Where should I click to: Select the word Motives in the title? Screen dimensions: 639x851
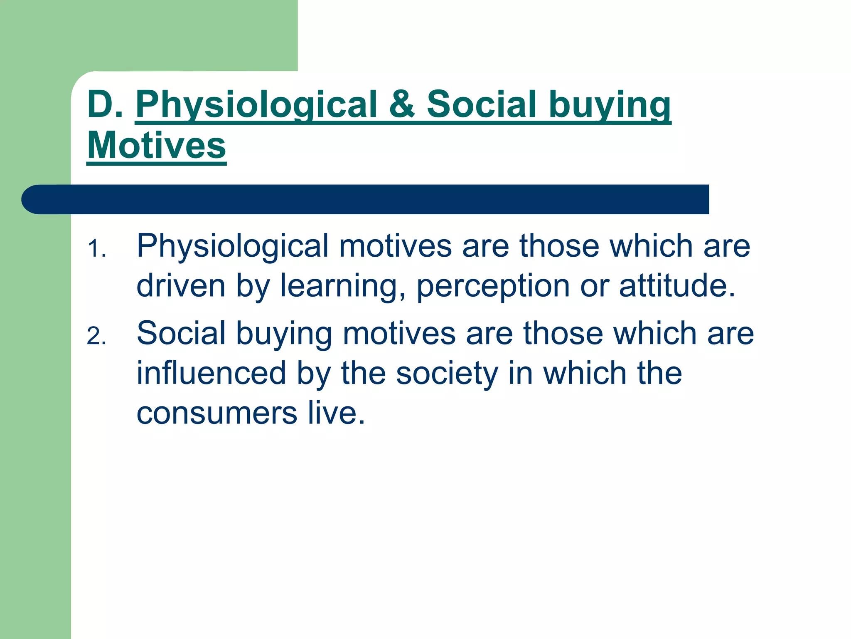click(x=156, y=146)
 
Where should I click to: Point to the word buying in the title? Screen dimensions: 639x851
click(x=610, y=105)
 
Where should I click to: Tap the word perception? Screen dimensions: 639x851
click(x=493, y=287)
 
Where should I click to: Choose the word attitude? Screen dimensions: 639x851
click(x=677, y=286)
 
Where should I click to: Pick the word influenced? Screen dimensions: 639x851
click(x=212, y=373)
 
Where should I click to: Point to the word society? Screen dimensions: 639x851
click(x=447, y=374)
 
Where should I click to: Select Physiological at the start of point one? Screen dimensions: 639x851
click(x=233, y=247)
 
